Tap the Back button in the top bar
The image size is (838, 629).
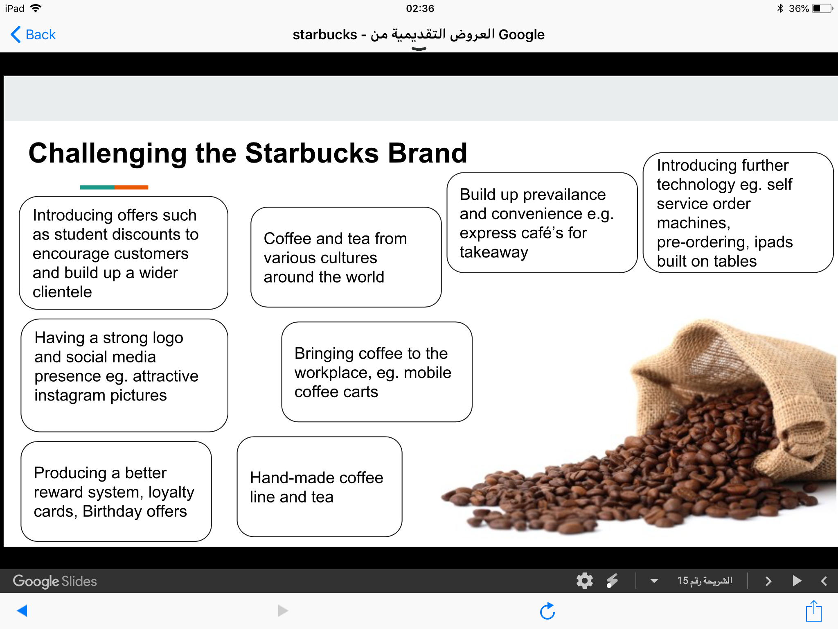(33, 34)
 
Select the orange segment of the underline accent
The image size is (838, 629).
(131, 187)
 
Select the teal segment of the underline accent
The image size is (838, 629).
(97, 187)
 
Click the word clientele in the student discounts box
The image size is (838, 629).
(62, 292)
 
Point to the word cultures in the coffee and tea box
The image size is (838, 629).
(320, 258)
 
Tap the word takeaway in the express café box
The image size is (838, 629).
(494, 253)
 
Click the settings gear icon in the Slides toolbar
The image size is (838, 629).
(585, 581)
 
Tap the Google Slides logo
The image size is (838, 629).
(55, 581)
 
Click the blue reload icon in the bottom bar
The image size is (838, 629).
(547, 611)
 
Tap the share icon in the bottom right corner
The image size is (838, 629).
(814, 611)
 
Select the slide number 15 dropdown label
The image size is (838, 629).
(705, 581)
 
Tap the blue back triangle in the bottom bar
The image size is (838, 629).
(22, 611)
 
